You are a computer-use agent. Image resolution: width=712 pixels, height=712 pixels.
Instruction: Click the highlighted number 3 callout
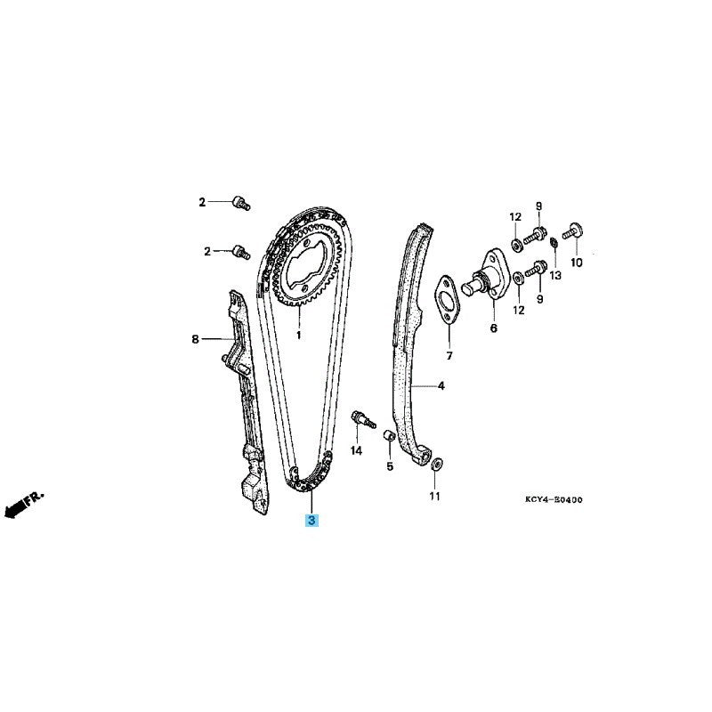[x=312, y=521]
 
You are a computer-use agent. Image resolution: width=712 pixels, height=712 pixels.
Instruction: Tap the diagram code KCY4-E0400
[x=554, y=500]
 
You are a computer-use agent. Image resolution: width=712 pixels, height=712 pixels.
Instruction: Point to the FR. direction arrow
[x=24, y=504]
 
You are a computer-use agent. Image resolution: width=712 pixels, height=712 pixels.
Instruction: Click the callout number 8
[x=195, y=339]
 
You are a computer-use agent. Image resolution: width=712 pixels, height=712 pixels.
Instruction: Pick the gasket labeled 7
[x=448, y=299]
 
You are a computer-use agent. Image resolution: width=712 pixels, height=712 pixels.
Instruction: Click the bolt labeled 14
[x=363, y=419]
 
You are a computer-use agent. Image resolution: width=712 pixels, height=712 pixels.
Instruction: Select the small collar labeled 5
[x=390, y=435]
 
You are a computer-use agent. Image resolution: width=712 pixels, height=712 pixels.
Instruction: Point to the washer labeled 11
[x=437, y=464]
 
